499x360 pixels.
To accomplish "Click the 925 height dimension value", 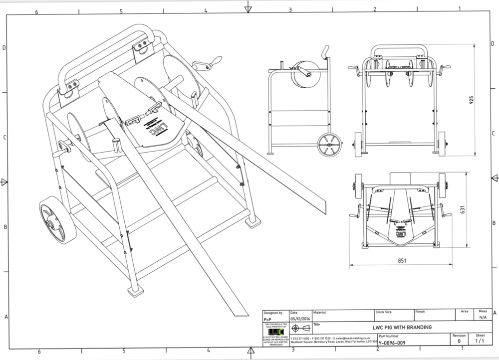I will pos(472,100).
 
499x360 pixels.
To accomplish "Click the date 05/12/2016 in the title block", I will pos(300,318).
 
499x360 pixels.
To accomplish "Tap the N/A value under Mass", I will pos(483,318).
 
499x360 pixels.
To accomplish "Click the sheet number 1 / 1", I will pos(480,342).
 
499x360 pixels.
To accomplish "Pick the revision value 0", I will pos(459,342).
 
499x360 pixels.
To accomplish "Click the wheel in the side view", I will pos(329,145).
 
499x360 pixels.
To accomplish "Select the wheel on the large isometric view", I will pos(57,220).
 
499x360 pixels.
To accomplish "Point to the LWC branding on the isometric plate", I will pos(156,124).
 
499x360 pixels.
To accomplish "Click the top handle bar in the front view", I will pos(399,48).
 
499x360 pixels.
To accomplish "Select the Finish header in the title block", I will pos(420,312).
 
